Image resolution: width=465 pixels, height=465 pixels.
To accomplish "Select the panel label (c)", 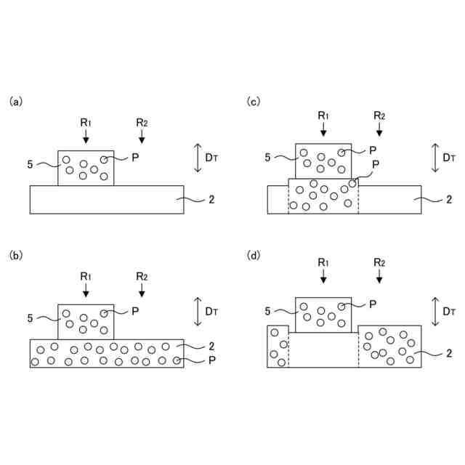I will click(x=254, y=102).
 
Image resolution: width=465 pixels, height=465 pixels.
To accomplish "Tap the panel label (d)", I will click(x=254, y=255).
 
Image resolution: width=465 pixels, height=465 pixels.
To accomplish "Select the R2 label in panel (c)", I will click(x=379, y=116).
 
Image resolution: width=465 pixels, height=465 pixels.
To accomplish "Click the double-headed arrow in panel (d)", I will click(x=435, y=311).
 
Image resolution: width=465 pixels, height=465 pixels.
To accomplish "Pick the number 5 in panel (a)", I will click(x=30, y=165).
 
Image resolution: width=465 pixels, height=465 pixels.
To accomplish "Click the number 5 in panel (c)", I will click(x=268, y=157).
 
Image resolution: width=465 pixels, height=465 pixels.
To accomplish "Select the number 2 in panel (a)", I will click(x=211, y=198).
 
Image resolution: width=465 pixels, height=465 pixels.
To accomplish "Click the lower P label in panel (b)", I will click(x=211, y=360).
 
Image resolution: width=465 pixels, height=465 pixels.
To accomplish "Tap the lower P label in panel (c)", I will click(x=375, y=165).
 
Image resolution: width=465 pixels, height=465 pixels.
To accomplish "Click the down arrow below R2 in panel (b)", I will click(x=142, y=290).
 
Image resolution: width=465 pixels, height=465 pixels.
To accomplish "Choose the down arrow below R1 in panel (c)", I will click(x=323, y=129).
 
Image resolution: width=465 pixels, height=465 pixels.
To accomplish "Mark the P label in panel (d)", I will click(x=373, y=304).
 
